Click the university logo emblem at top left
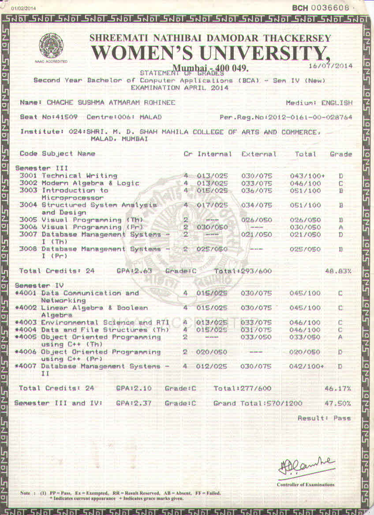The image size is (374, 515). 51,45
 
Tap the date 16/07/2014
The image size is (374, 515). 332,66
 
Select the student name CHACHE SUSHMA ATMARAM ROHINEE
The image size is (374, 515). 111,103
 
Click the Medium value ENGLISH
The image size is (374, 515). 337,103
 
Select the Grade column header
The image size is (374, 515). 340,154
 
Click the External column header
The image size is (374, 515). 258,154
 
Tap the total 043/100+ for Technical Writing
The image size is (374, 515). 307,176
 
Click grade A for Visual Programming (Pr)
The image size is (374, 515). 340,227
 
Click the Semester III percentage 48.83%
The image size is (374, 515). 338,271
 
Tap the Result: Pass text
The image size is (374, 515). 324,418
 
